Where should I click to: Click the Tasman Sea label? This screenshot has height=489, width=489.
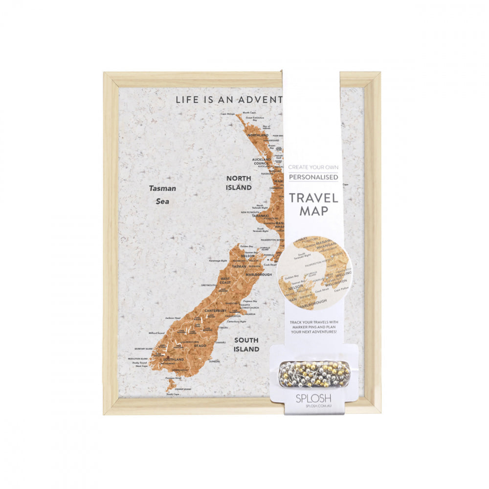click(162, 194)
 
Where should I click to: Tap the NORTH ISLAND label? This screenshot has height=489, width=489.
click(239, 183)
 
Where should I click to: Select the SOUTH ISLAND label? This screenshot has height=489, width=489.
click(246, 344)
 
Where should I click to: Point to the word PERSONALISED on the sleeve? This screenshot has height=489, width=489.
click(313, 177)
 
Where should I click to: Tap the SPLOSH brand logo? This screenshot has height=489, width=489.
click(313, 399)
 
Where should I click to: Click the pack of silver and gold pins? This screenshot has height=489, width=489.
click(314, 374)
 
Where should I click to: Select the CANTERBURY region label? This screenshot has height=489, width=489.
click(216, 311)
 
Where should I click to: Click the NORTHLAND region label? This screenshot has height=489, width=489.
click(258, 135)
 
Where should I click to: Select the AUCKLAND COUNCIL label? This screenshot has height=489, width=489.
click(261, 162)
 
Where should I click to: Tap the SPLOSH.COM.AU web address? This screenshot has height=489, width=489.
click(313, 406)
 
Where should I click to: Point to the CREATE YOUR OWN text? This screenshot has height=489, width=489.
click(313, 167)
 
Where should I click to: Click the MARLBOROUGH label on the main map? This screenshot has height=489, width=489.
click(258, 275)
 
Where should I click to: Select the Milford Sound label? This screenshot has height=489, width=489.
click(156, 333)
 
